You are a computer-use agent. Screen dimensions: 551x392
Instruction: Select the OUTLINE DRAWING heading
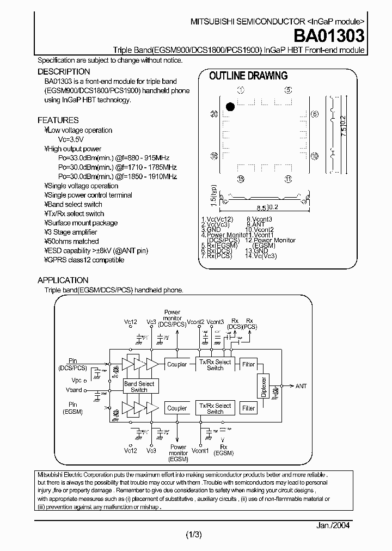(x=248, y=76)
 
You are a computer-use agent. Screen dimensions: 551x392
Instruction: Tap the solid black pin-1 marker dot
(x=230, y=107)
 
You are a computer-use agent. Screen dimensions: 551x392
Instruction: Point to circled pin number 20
(x=214, y=114)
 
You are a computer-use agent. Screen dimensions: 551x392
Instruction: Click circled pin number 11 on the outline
(x=288, y=180)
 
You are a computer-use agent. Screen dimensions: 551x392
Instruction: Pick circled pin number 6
(x=314, y=114)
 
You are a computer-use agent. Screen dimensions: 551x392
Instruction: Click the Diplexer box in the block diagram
(x=264, y=385)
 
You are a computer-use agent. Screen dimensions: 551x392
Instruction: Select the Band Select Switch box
(x=139, y=387)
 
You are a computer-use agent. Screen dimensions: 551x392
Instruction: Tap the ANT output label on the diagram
(x=301, y=386)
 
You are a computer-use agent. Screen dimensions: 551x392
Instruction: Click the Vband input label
(x=73, y=390)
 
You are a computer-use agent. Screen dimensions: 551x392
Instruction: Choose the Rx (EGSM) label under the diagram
(x=222, y=449)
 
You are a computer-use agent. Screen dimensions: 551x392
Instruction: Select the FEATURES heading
(x=58, y=120)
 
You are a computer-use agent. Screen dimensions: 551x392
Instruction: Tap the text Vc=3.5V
(x=71, y=139)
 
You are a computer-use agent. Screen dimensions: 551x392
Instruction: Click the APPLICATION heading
(x=63, y=280)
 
